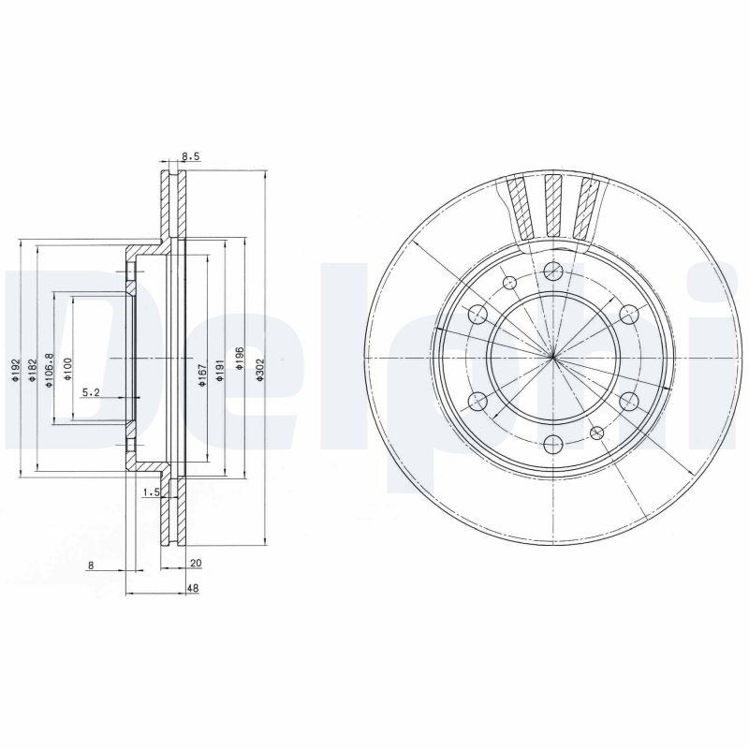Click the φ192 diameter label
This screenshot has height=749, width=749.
[x=15, y=371]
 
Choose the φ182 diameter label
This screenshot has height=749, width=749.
[x=33, y=368]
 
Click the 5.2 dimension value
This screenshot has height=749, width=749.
[x=91, y=392]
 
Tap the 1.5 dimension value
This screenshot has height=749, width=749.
[x=148, y=491]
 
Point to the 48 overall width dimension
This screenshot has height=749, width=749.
[x=191, y=588]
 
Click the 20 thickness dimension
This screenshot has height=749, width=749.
[x=195, y=564]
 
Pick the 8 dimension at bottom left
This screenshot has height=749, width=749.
[x=90, y=564]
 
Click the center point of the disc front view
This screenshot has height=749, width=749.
[x=553, y=358]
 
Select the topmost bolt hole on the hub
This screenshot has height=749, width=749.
[x=553, y=271]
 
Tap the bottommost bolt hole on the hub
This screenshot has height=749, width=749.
[x=553, y=445]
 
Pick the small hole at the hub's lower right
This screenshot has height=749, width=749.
[x=596, y=432]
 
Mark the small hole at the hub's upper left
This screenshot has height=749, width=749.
[x=510, y=284]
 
